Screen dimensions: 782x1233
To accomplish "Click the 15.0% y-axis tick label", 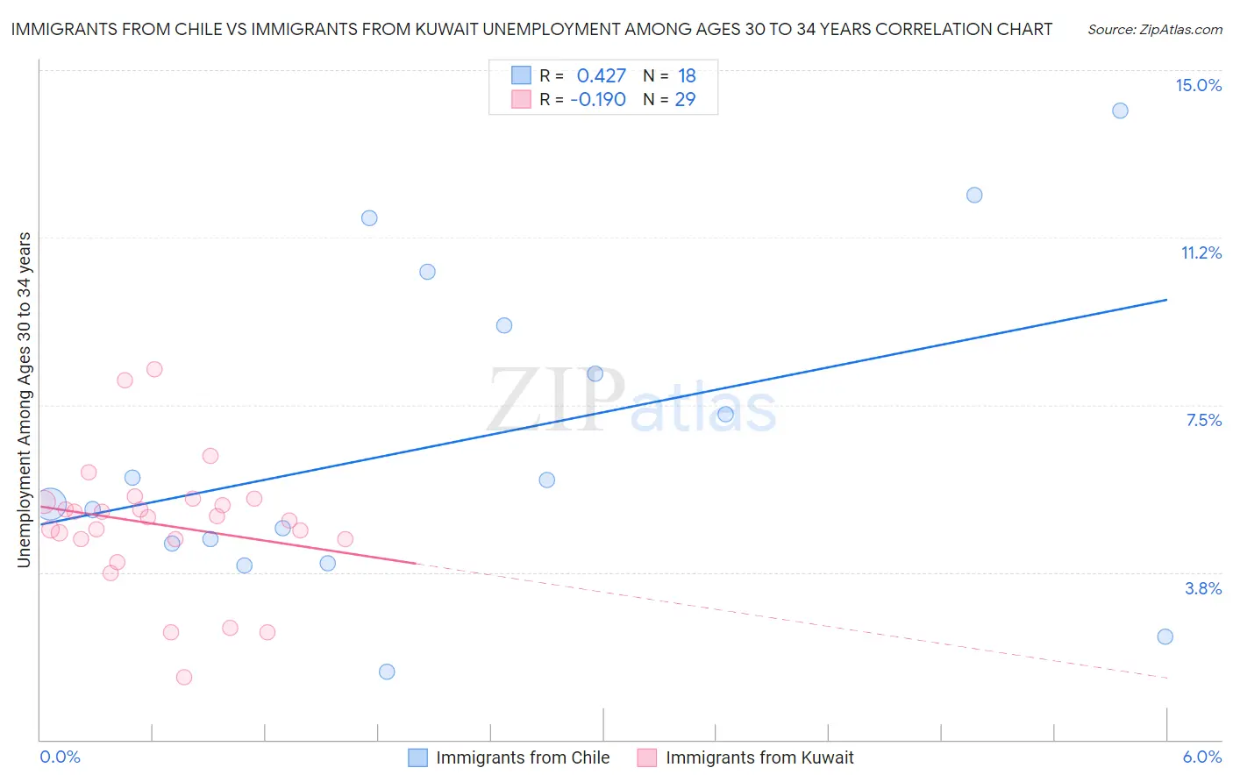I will [x=1198, y=85].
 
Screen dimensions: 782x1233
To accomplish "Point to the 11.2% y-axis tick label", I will [x=1201, y=252].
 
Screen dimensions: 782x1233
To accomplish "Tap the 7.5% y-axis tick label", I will [x=1203, y=420].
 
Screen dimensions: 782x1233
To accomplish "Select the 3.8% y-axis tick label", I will [x=1203, y=588].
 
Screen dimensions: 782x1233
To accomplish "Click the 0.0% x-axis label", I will [x=60, y=757].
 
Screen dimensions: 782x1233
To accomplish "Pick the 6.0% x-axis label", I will [x=1201, y=757].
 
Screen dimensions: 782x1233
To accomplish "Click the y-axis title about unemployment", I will [x=25, y=399].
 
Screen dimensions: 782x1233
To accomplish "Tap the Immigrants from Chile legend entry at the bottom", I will [x=522, y=757].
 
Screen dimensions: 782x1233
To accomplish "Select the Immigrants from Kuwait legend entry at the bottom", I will [x=759, y=757].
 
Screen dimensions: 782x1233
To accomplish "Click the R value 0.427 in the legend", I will [x=601, y=76].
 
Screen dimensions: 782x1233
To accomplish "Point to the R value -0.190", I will [x=598, y=99].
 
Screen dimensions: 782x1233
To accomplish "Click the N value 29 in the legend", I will [x=685, y=99].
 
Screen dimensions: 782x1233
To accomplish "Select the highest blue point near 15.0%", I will [x=1120, y=110].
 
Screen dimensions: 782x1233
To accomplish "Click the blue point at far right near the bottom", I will [x=1165, y=636].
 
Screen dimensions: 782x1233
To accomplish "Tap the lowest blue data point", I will [x=387, y=672].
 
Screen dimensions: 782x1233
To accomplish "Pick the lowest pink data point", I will [x=184, y=677].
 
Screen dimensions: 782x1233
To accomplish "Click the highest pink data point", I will [x=154, y=369].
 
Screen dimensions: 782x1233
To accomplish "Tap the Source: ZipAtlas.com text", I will [x=1154, y=29].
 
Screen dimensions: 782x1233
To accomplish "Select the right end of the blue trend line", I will [x=1166, y=300].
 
